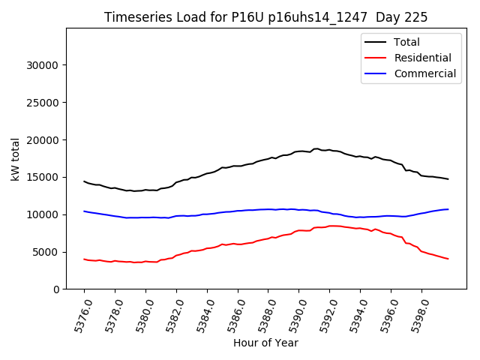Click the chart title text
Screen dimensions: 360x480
pyautogui.click(x=265, y=17)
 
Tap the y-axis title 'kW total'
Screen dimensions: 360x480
pyautogui.click(x=16, y=159)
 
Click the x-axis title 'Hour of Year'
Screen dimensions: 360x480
pyautogui.click(x=265, y=343)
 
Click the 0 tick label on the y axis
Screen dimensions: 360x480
pyautogui.click(x=55, y=289)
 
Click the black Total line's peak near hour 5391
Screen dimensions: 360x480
pyautogui.click(x=316, y=149)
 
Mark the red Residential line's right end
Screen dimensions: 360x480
pyautogui.click(x=448, y=259)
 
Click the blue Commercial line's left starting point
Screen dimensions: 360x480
pyautogui.click(x=84, y=211)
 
